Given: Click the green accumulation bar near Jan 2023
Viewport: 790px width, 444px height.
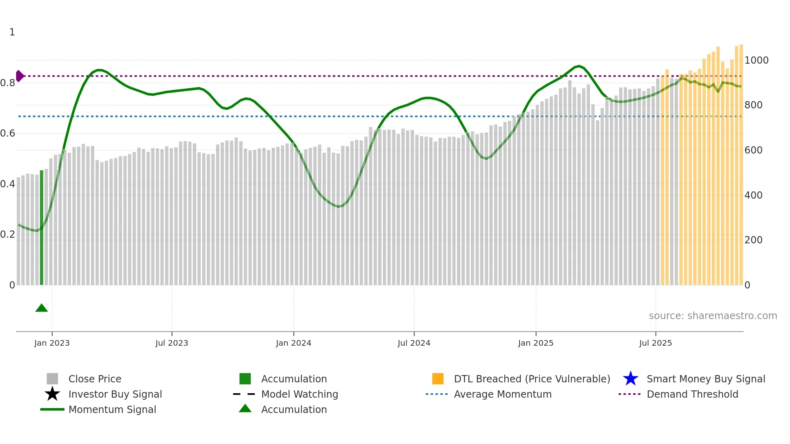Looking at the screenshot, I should coord(42,228).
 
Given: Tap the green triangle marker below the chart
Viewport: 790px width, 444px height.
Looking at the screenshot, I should coord(42,308).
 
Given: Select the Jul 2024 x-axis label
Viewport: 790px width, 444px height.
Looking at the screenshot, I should coord(414,343).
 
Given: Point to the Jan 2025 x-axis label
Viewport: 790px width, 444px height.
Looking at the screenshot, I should coord(536,343).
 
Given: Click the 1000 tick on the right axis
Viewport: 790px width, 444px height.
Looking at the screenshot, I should coord(757,60).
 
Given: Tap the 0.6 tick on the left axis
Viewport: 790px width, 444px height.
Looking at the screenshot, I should coord(8,133).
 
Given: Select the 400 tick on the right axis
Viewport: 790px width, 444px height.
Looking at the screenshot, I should coord(753,195).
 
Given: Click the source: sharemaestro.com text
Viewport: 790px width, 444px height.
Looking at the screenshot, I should coord(713,315).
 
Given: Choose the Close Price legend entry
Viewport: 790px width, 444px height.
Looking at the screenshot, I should coord(95,379).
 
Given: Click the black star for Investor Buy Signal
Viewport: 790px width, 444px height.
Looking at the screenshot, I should coord(52,394).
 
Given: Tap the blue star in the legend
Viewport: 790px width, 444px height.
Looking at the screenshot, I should coord(630,379).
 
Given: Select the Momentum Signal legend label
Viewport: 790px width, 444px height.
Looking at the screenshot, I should coord(112,409).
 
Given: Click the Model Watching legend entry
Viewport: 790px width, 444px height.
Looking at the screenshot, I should coord(299,394).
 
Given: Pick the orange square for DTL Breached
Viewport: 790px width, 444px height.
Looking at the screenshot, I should coord(438,379).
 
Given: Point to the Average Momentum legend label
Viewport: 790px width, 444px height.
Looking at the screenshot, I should coord(503,394).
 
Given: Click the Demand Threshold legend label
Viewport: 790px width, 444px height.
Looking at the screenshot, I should coord(692,394).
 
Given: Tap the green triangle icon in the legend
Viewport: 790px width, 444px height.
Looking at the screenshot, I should coord(245,409).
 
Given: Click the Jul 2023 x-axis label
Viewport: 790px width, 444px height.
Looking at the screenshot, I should coord(172,343).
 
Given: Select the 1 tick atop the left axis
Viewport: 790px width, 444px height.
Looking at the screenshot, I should coord(12,32).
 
